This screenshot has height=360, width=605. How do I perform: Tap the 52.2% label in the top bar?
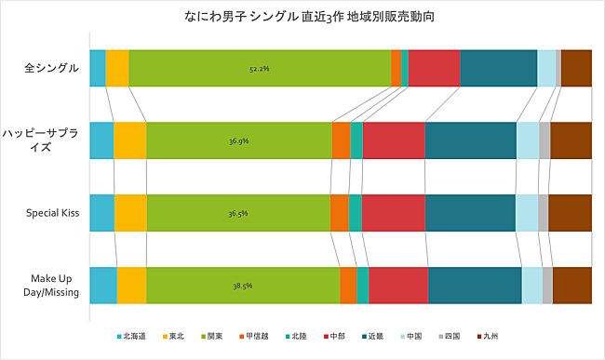(260, 69)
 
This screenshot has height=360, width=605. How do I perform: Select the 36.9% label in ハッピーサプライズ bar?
(238, 141)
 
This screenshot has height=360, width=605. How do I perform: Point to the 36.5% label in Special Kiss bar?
(238, 213)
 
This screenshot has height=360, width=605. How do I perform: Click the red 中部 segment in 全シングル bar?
(434, 68)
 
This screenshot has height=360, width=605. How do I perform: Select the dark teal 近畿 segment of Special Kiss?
(470, 213)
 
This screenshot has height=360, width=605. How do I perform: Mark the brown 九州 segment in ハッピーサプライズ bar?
(571, 140)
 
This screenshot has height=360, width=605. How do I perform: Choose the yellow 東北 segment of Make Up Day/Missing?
(131, 285)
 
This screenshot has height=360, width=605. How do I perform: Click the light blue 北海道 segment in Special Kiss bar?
(101, 213)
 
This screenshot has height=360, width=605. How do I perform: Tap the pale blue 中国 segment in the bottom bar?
(531, 285)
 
